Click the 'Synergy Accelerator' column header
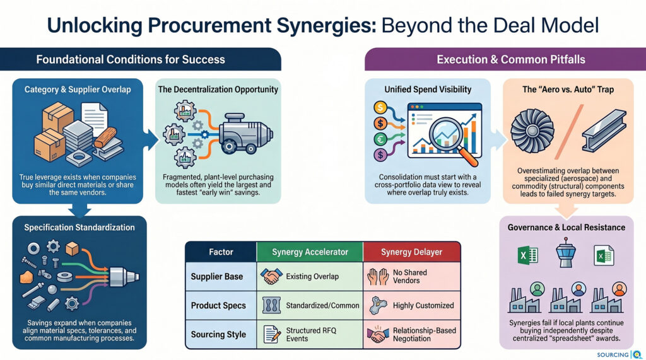tap(310, 252)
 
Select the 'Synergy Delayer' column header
tap(411, 252)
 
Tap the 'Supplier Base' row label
tap(217, 277)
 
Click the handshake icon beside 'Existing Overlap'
tap(271, 276)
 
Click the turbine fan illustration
tap(532, 131)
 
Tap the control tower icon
tap(565, 252)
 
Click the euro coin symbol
tap(380, 139)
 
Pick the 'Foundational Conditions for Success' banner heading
tap(131, 60)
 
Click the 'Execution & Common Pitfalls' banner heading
tap(511, 60)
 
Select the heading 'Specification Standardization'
tap(79, 228)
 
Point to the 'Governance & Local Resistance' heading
tap(567, 228)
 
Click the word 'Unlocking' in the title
tap(95, 26)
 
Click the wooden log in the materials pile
tap(105, 137)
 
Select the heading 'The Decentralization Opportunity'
tap(218, 90)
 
